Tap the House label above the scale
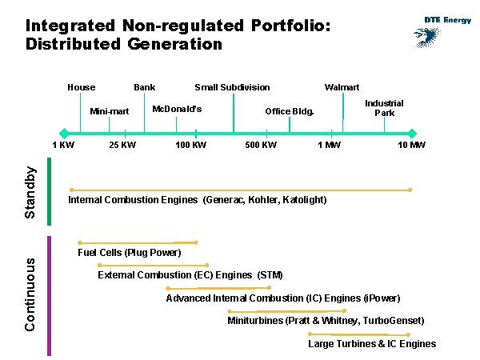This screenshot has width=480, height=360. [81, 87]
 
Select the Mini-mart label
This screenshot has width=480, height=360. [110, 111]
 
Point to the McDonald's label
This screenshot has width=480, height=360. [177, 108]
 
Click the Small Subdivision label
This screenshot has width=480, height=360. [232, 87]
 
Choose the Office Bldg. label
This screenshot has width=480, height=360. [290, 111]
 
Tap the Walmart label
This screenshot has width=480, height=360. [342, 87]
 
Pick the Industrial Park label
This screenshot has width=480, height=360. [384, 108]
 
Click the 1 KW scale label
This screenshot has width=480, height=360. [63, 145]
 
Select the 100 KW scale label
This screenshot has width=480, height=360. [190, 145]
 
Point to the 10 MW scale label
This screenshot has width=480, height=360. [412, 145]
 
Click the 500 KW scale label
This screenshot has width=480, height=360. [261, 145]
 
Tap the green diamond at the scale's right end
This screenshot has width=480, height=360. [412, 133]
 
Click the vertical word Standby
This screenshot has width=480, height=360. [30, 192]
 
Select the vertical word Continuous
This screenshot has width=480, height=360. [30, 294]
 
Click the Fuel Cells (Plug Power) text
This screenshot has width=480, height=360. [130, 253]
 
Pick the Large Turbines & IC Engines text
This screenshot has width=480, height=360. [372, 344]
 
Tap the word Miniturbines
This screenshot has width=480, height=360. [254, 321]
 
